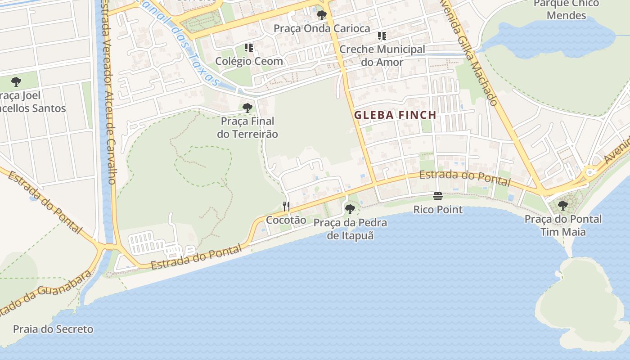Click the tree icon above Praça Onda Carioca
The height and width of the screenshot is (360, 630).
coord(321,15)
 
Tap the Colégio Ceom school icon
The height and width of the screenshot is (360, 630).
coord(249,47)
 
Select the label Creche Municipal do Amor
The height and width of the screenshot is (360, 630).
coord(382,56)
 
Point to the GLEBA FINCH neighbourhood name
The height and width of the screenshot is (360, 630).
coord(395,115)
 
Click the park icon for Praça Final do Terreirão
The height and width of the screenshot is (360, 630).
coord(247,108)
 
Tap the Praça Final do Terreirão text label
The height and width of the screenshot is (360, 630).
coord(247,128)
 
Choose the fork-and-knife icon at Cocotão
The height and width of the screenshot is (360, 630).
coord(286,207)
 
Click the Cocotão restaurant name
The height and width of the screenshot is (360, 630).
coord(286,220)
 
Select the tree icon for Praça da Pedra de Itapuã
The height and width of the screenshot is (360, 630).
coord(350,209)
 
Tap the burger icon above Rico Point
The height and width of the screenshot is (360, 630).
coord(438,196)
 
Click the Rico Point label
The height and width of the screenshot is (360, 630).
coord(438,210)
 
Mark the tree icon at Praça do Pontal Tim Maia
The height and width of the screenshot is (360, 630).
coord(562,206)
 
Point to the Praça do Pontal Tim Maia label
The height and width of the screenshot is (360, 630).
coord(563,225)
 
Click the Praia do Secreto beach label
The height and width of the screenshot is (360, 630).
coord(53,329)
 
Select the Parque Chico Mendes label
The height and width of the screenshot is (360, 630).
coord(566,9)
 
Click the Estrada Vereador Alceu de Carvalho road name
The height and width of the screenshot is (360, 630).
coord(108,94)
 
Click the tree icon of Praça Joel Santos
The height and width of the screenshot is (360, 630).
coord(16,82)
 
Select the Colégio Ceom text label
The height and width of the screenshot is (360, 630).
coord(249,61)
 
